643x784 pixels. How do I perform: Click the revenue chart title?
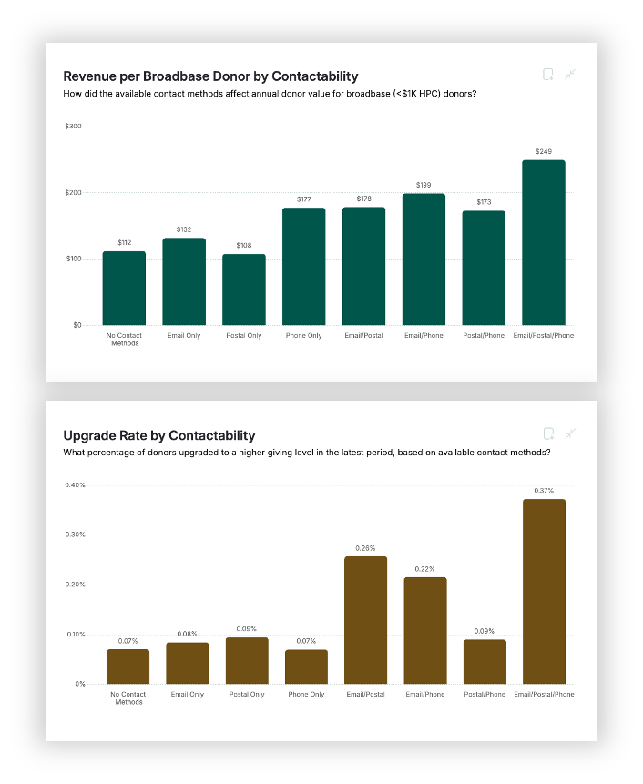tap(210, 76)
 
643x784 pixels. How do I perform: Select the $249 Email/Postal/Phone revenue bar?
tap(544, 242)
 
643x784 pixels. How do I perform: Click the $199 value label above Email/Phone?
tap(424, 185)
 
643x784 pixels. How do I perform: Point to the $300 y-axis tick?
tap(74, 126)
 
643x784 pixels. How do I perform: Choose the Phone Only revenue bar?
tap(304, 266)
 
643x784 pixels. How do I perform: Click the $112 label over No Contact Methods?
tap(125, 243)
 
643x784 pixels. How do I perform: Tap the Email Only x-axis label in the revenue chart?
tap(184, 336)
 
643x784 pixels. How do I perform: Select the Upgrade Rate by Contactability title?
tap(158, 435)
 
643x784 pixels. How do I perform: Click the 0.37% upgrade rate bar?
tap(544, 591)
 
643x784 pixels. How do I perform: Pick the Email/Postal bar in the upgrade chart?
tap(365, 619)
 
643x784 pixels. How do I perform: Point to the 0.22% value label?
tap(425, 569)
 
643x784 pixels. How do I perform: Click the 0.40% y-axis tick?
tap(75, 484)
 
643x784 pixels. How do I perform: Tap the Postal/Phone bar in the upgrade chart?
tap(485, 661)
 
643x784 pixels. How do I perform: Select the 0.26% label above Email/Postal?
tap(365, 548)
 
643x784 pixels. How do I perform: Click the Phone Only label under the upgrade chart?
tap(306, 695)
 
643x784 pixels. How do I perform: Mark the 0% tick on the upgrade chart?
tap(80, 684)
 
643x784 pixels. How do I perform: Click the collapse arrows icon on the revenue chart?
tap(571, 74)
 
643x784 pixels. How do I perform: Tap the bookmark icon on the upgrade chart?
tap(548, 433)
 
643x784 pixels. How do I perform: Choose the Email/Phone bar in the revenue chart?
tap(424, 259)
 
